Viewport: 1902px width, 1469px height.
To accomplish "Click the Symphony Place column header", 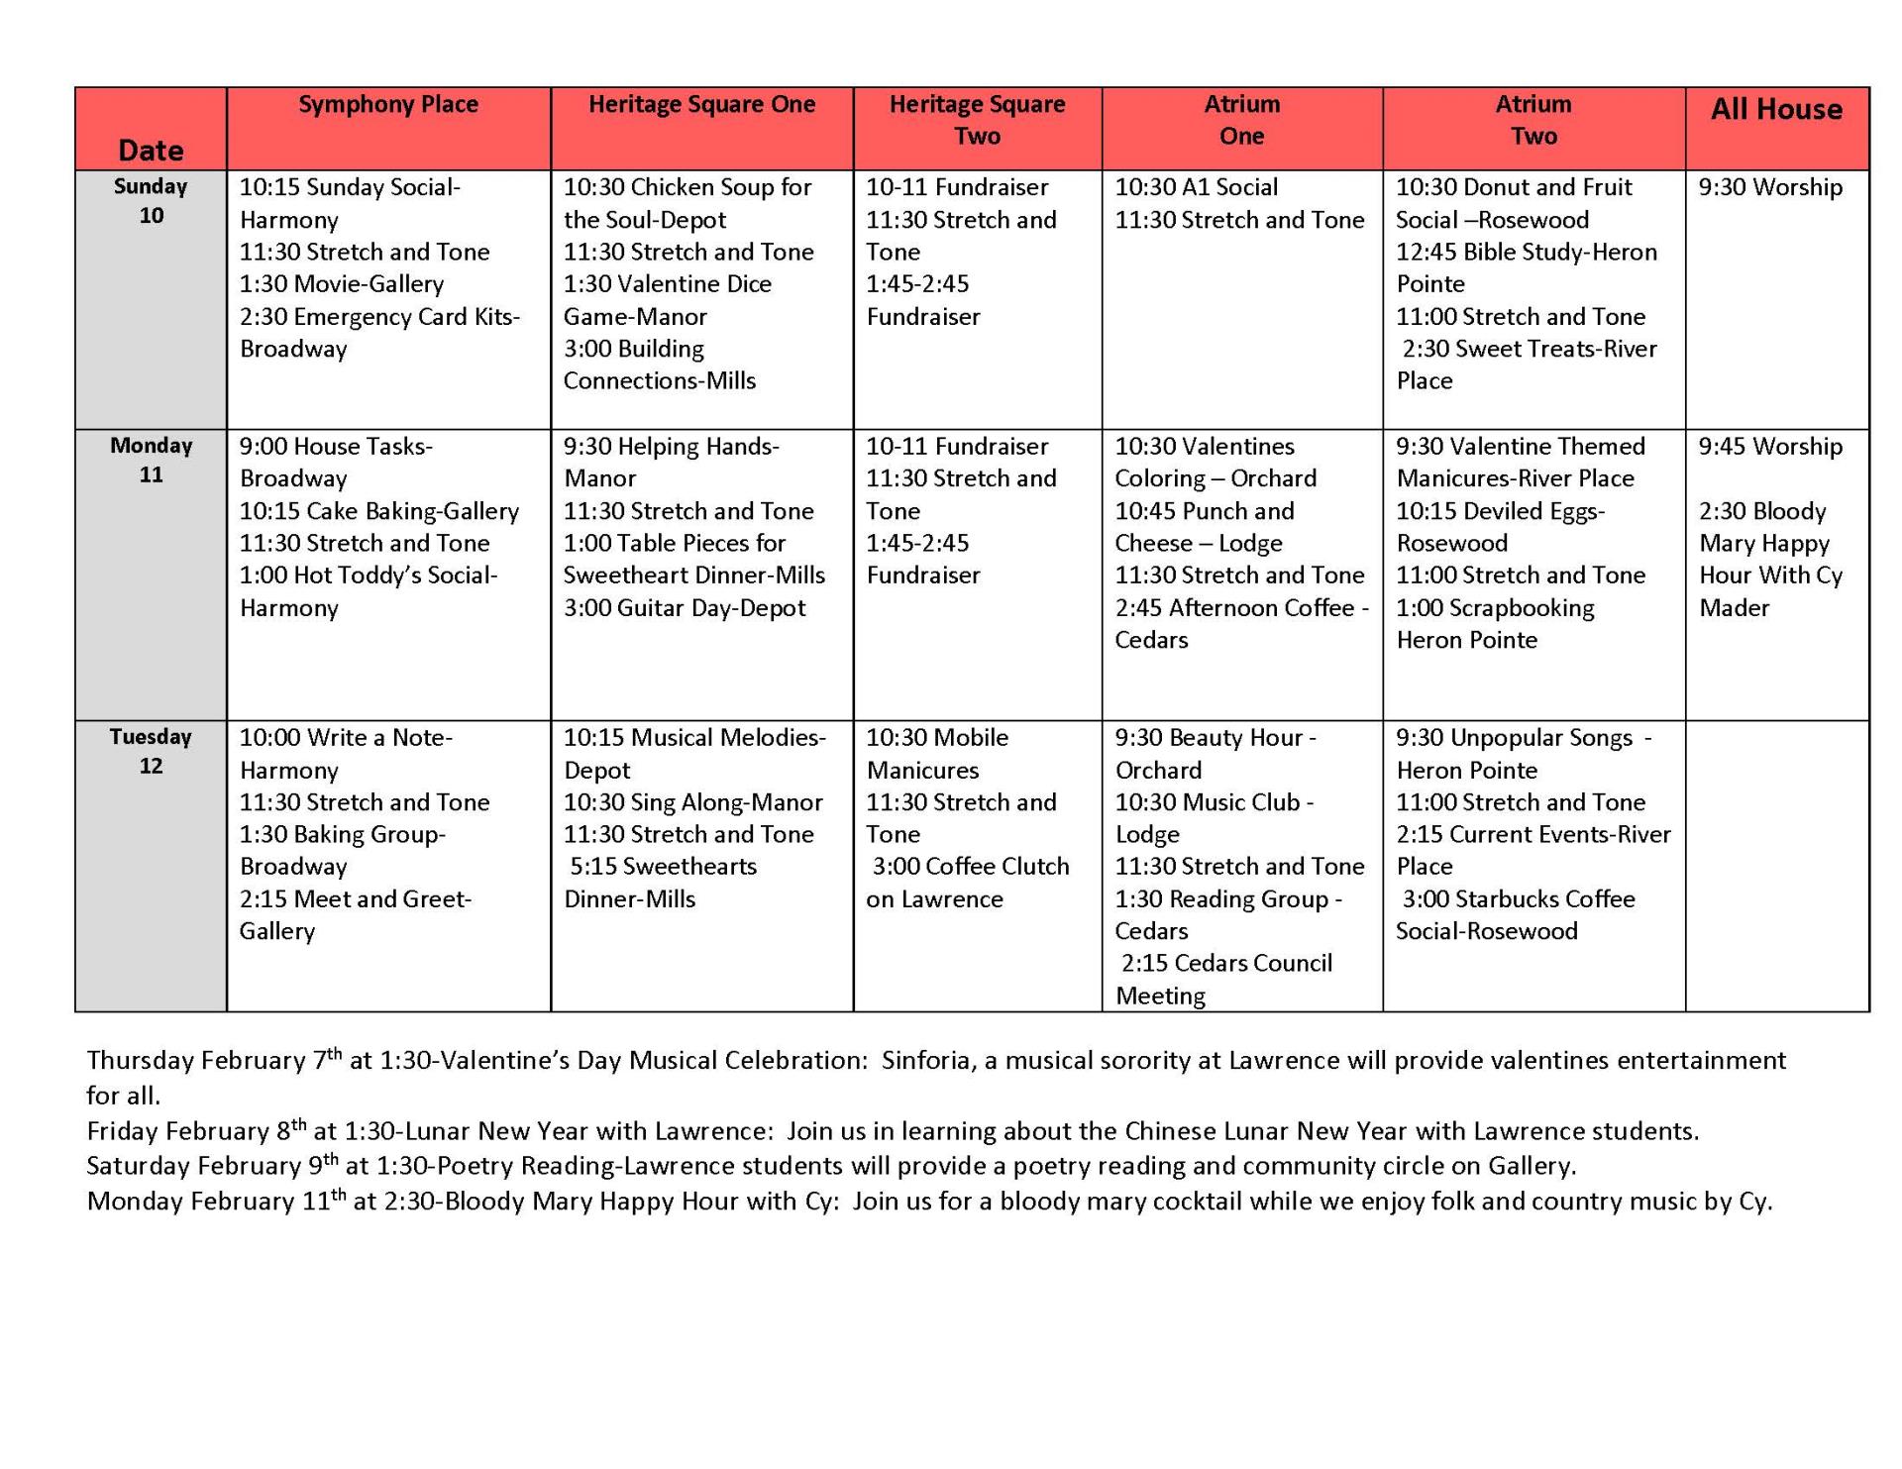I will pyautogui.click(x=388, y=105).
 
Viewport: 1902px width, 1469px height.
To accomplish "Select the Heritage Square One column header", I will pyautogui.click(x=701, y=105).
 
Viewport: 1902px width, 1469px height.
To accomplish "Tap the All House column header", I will pyautogui.click(x=1776, y=110).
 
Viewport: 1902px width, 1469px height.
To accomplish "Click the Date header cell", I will pyautogui.click(x=151, y=151).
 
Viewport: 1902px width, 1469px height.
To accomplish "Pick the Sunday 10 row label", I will pyautogui.click(x=151, y=201).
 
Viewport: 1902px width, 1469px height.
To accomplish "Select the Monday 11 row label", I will pyautogui.click(x=151, y=461).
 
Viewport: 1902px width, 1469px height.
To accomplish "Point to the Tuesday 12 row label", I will pyautogui.click(x=151, y=752).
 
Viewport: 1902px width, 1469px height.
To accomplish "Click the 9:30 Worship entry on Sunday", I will pyautogui.click(x=1770, y=188).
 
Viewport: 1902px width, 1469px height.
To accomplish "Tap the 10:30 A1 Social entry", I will pyautogui.click(x=1196, y=188).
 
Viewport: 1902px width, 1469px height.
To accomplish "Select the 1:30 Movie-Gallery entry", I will pyautogui.click(x=342, y=284).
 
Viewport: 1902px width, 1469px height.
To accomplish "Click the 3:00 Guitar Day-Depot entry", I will pyautogui.click(x=685, y=608).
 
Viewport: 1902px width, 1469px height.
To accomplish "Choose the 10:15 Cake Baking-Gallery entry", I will pyautogui.click(x=379, y=511).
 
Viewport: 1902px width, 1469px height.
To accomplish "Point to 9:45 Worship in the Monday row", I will pyautogui.click(x=1770, y=447).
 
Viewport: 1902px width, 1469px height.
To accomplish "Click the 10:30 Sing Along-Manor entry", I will pyautogui.click(x=693, y=802).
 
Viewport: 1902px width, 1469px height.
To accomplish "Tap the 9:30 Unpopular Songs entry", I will pyautogui.click(x=1523, y=738).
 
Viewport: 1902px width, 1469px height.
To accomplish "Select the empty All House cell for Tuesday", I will pyautogui.click(x=1776, y=865).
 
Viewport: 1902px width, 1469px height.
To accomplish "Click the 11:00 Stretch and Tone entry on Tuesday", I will pyautogui.click(x=1521, y=802).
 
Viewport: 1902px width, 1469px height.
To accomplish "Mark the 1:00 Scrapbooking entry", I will pyautogui.click(x=1495, y=608).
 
